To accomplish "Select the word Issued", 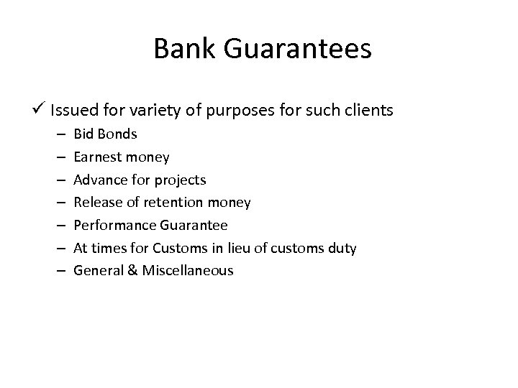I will coord(71,111).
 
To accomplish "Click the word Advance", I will coord(98,180).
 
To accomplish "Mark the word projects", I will coord(181,180).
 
